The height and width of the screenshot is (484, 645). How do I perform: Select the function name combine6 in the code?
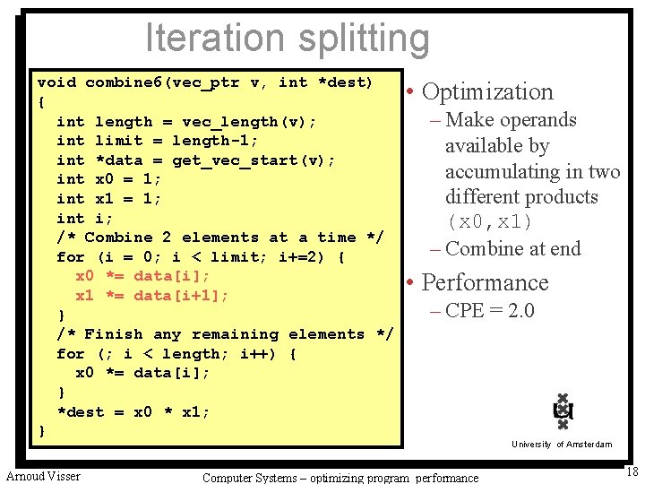click(x=124, y=82)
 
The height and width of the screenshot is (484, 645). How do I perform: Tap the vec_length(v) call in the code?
click(x=249, y=121)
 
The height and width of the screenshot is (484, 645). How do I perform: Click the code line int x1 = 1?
click(x=108, y=198)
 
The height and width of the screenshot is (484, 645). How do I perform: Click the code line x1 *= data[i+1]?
click(x=152, y=296)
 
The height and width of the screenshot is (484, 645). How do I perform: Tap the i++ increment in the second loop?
click(x=254, y=354)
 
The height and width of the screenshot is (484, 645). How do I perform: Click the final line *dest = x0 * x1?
click(x=133, y=412)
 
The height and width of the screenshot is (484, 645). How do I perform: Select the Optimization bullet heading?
click(x=487, y=91)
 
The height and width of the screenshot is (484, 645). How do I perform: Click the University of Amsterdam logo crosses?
click(x=563, y=411)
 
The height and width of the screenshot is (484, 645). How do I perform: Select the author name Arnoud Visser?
click(x=43, y=476)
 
